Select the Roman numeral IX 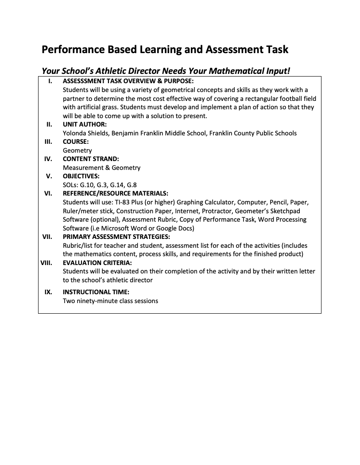pyautogui.click(x=48, y=292)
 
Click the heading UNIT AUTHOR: pyautogui.click(x=85, y=125)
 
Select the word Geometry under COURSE pyautogui.click(x=77, y=150)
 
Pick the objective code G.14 pyautogui.click(x=116, y=185)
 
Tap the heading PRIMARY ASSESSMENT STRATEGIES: pyautogui.click(x=116, y=237)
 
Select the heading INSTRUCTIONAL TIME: pyautogui.click(x=96, y=292)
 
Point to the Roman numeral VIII pyautogui.click(x=46, y=263)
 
